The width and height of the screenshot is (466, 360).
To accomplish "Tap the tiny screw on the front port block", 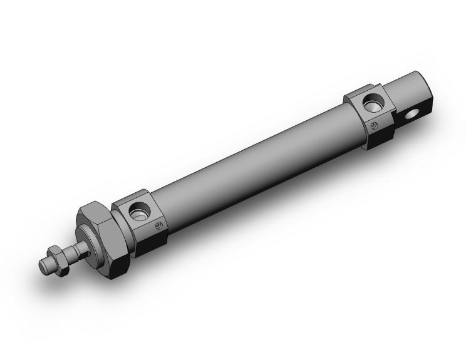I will [159, 227].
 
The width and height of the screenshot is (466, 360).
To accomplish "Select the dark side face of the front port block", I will [150, 240].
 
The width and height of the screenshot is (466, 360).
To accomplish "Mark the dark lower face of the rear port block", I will [380, 137].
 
